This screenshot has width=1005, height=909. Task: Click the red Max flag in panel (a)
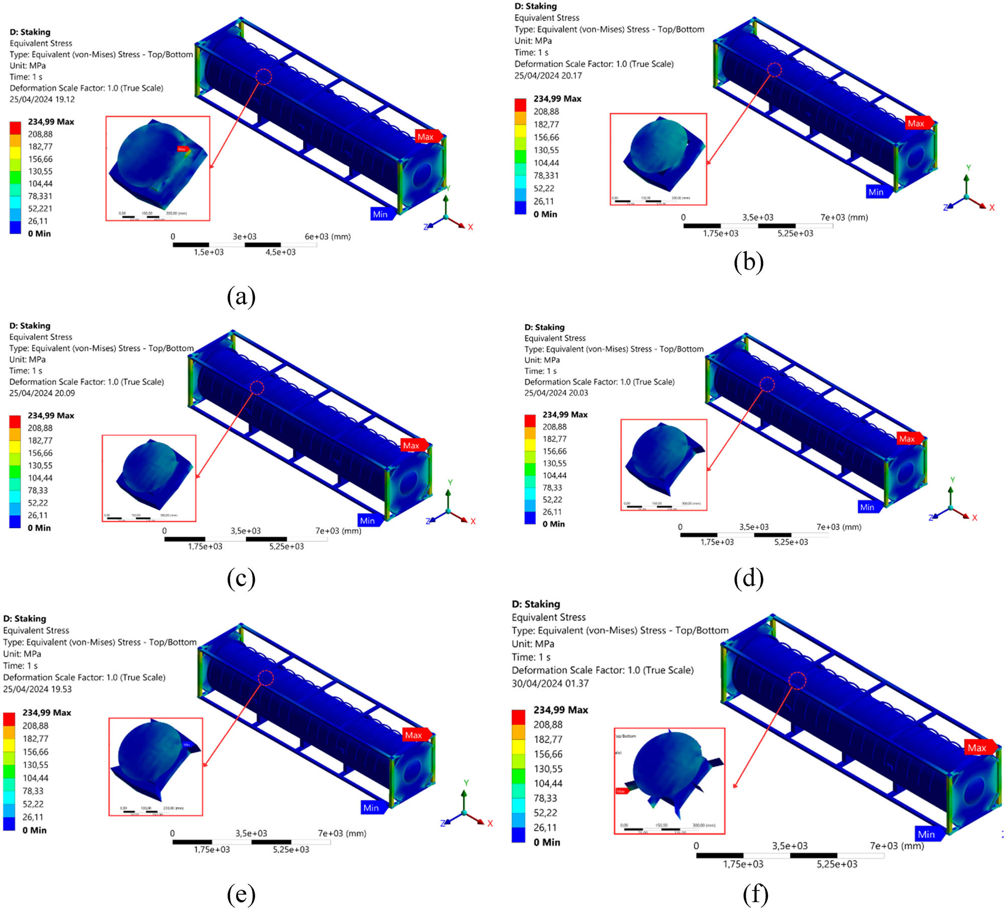[x=427, y=137]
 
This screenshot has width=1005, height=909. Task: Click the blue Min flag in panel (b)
[x=877, y=192]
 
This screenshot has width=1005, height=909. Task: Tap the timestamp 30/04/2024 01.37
[x=550, y=684]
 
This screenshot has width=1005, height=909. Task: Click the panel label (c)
[x=241, y=579]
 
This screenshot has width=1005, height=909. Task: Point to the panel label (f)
[x=755, y=894]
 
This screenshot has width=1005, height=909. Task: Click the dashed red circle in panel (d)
[x=767, y=385]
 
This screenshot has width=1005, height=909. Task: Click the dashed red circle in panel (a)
[x=264, y=77]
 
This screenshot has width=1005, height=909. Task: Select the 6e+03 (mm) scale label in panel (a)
[x=328, y=237]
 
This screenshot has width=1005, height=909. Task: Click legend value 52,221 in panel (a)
[x=40, y=208]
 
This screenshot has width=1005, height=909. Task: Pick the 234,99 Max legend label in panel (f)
[x=560, y=710]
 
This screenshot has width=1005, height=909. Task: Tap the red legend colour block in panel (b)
[x=520, y=104]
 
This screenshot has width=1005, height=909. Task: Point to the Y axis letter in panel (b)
[x=968, y=168]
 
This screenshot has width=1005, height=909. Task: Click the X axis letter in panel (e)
[x=490, y=824]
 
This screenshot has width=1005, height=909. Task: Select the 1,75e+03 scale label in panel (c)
[x=205, y=546]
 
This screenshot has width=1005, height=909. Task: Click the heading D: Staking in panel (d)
[x=544, y=327]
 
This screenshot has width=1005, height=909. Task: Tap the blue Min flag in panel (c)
[x=368, y=521]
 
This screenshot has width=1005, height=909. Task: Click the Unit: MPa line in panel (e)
[x=22, y=654]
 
